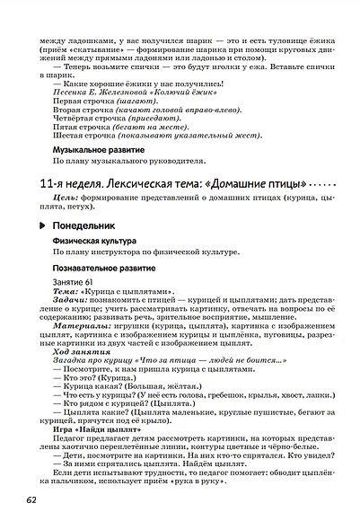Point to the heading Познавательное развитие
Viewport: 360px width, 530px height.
104,268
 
